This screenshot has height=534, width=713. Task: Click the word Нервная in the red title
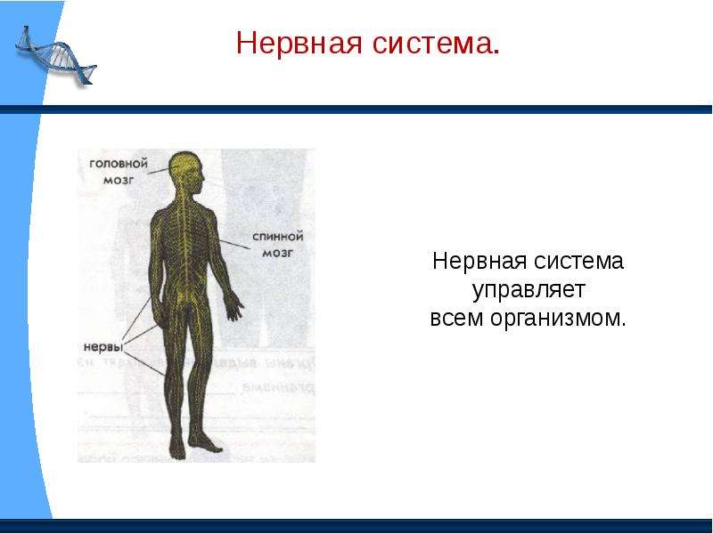(x=299, y=43)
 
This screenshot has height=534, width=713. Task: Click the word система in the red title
(x=435, y=43)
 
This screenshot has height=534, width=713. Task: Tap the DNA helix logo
(x=55, y=56)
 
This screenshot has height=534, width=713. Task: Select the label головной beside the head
(x=119, y=164)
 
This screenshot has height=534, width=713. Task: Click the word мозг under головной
(x=119, y=181)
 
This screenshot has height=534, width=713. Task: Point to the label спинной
(x=277, y=237)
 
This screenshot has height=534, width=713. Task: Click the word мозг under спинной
(x=277, y=254)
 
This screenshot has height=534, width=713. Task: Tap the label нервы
(x=103, y=347)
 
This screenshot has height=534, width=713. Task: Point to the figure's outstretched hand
(x=234, y=305)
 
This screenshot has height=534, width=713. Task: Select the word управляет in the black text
(x=528, y=291)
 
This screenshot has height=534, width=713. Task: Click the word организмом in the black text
(x=558, y=318)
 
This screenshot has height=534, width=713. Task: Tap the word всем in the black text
(x=456, y=318)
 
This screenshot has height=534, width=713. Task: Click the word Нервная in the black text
(x=479, y=261)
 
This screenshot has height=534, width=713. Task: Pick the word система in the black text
(x=578, y=261)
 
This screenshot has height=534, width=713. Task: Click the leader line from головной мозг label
(x=163, y=170)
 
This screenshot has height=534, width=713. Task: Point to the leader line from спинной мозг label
(x=233, y=244)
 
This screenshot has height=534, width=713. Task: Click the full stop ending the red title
(x=496, y=53)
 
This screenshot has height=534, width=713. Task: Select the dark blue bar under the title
(x=356, y=109)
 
